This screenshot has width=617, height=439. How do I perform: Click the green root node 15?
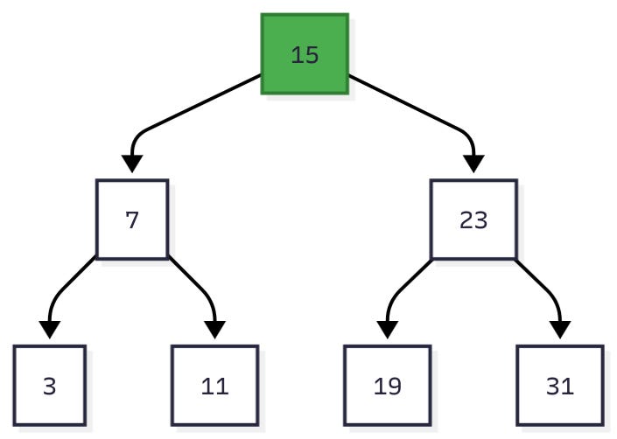[305, 54]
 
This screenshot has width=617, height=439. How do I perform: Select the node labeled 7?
[132, 219]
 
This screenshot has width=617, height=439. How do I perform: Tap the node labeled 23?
[473, 219]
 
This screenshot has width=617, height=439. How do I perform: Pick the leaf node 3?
[50, 386]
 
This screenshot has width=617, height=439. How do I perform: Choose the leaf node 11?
[214, 386]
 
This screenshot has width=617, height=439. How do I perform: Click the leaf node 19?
[387, 386]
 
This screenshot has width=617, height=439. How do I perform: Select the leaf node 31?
[559, 386]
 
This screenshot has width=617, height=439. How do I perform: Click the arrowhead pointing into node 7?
[132, 164]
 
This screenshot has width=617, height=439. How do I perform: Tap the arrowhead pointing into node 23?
[473, 164]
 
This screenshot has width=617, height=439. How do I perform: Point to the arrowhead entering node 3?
[50, 330]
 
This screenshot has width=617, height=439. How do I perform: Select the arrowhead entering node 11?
[214, 330]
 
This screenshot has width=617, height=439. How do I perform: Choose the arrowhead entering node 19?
[387, 330]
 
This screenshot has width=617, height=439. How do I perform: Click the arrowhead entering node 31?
[559, 330]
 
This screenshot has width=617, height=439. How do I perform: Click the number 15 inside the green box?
[305, 55]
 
